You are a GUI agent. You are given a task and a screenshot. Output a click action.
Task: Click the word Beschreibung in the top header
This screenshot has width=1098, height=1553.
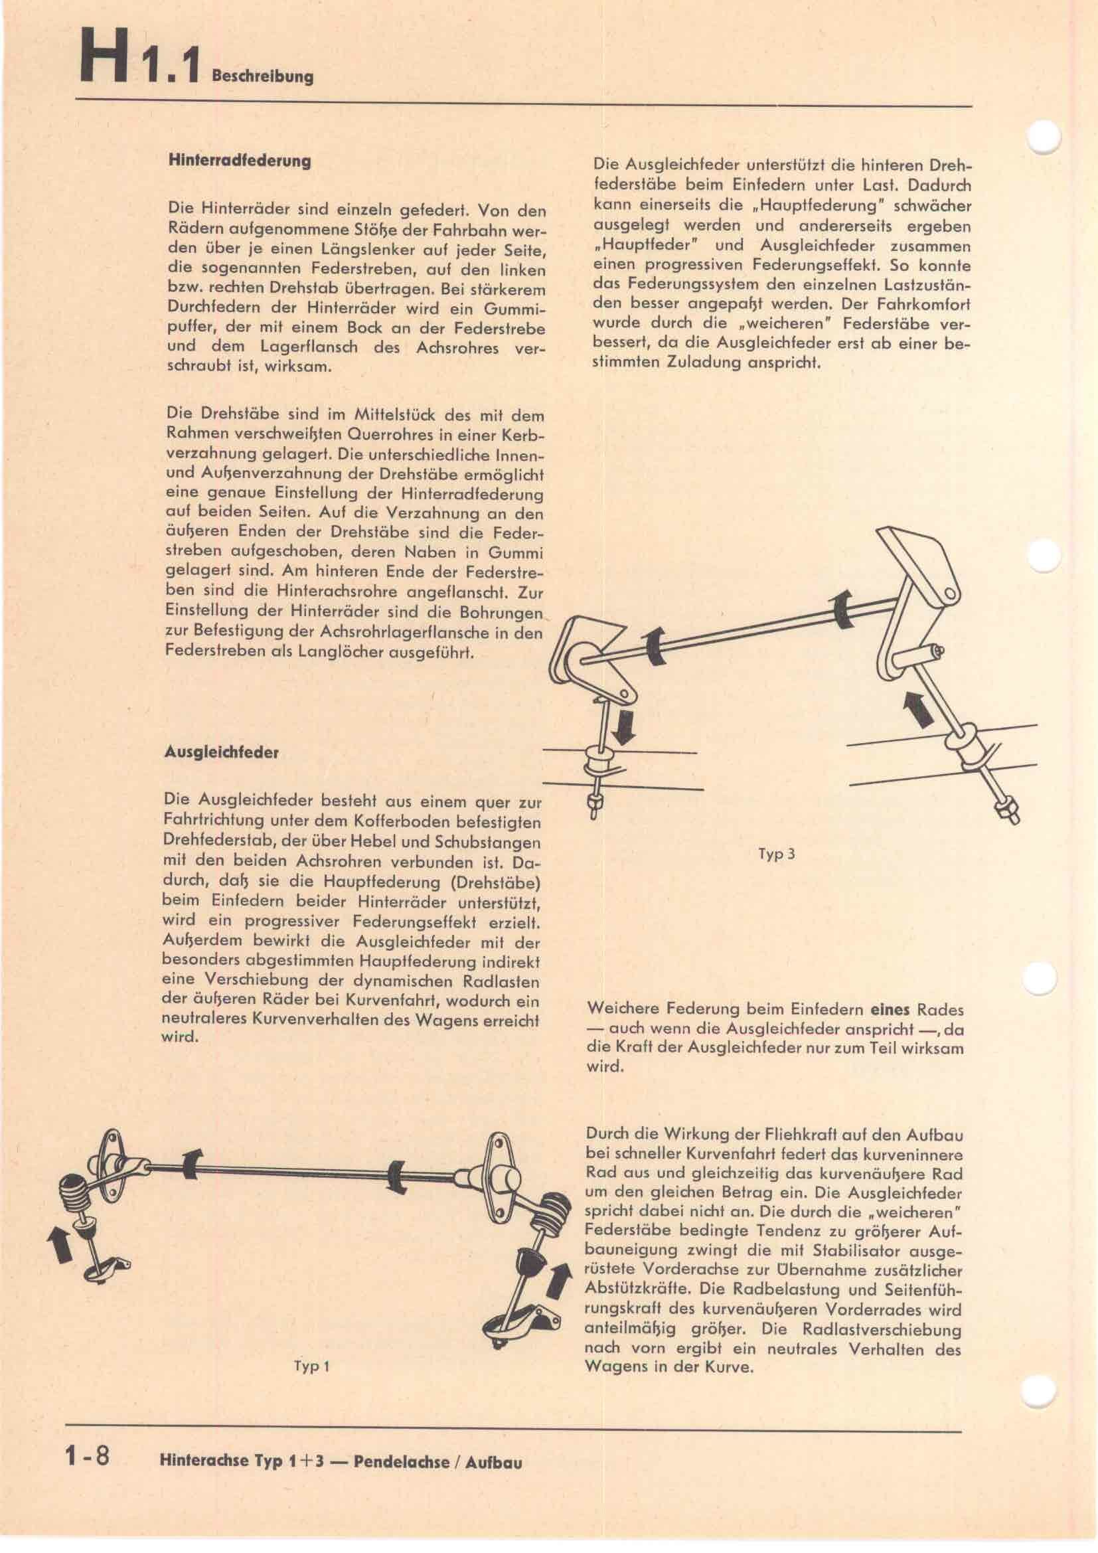tap(262, 76)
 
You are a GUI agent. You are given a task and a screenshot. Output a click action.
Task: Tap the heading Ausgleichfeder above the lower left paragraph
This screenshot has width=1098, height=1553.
tap(221, 752)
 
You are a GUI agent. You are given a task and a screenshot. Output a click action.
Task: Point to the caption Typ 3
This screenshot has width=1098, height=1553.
tap(777, 854)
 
